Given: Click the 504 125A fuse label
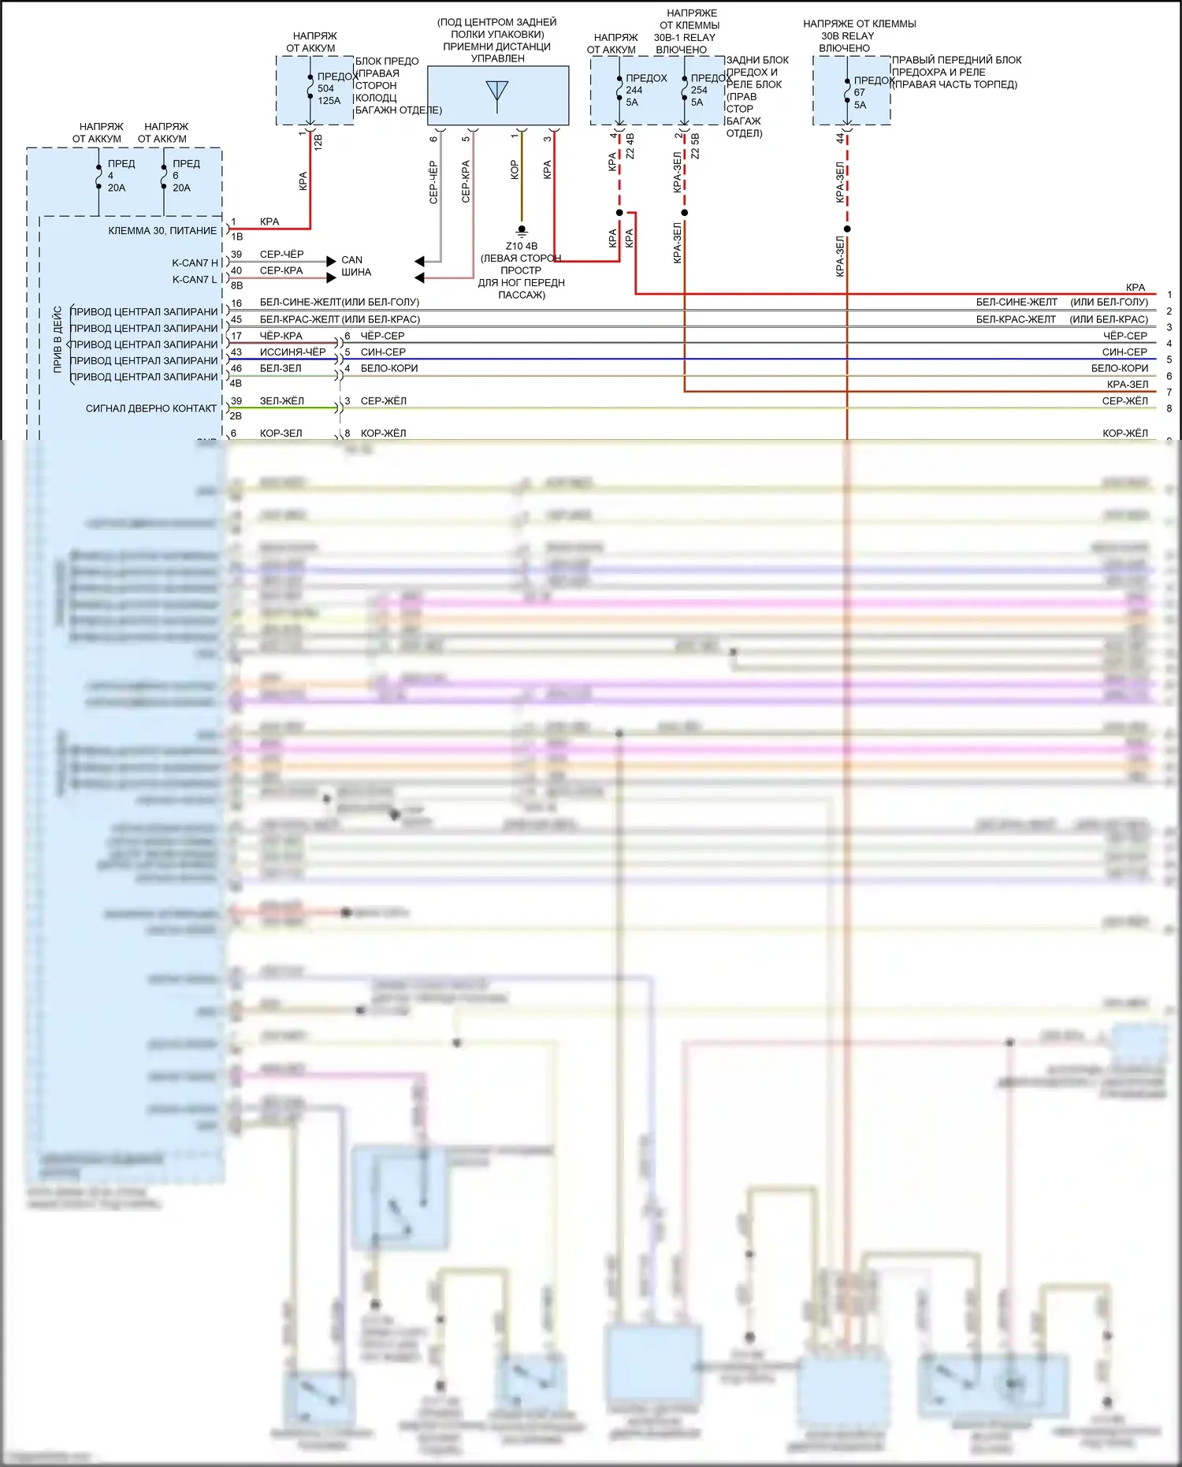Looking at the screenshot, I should (329, 89).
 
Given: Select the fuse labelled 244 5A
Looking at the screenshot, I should (634, 90).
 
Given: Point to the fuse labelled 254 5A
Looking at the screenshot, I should (698, 90).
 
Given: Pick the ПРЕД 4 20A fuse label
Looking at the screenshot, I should (116, 176).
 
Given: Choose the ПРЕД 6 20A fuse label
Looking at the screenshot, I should (181, 176).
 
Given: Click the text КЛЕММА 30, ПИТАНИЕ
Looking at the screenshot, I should (162, 231).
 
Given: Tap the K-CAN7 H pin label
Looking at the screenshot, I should (195, 263).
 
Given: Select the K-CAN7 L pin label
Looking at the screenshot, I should (195, 280).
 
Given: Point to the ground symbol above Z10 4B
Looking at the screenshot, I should (522, 232).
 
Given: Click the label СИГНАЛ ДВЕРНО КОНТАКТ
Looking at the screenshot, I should (151, 408).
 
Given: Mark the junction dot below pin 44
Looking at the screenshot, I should (847, 229).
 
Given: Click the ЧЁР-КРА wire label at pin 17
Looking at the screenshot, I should (281, 336).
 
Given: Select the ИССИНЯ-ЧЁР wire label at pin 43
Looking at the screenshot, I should (292, 352).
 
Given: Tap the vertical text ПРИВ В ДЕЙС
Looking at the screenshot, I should (58, 339).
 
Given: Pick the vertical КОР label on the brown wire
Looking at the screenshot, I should (515, 170).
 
